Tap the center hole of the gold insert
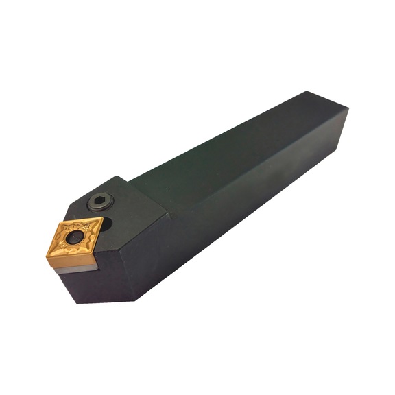point(76,239)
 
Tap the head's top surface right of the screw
point(137,206)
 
